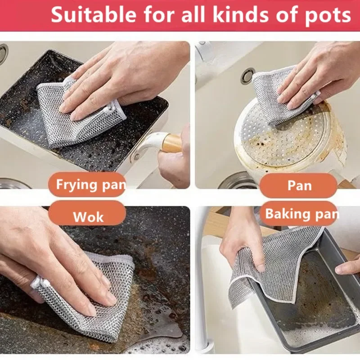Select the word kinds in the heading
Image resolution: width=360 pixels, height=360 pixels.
237,15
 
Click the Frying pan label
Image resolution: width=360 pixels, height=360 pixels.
87,184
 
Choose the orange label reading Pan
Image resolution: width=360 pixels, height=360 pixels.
298,185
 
